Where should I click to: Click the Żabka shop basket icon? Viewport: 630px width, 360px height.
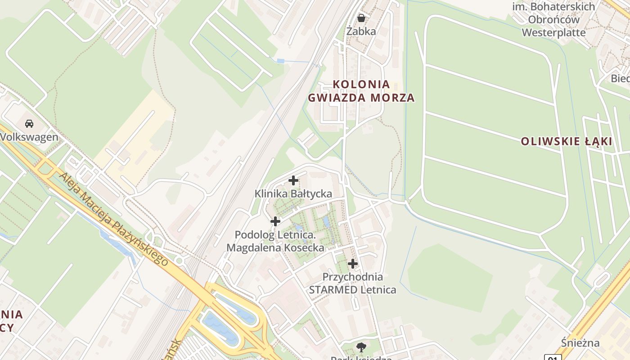[361, 18]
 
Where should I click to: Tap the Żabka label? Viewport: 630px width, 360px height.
[361, 31]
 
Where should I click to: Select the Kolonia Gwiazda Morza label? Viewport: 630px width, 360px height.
[361, 91]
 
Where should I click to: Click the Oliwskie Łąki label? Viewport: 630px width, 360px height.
[566, 141]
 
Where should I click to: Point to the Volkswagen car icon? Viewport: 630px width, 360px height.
[29, 124]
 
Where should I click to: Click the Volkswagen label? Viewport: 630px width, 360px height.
[30, 137]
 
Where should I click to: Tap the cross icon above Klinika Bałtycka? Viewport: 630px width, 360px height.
[293, 181]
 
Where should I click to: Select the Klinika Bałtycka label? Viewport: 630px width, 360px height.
[293, 194]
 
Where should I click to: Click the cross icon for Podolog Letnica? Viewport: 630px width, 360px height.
[275, 221]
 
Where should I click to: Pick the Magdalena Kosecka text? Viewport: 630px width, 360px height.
[275, 247]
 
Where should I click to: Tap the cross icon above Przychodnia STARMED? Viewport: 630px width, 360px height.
[353, 264]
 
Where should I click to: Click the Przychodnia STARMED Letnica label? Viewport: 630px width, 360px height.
[353, 283]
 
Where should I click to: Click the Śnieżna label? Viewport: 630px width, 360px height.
[580, 343]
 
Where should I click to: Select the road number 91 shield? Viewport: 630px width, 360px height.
[553, 358]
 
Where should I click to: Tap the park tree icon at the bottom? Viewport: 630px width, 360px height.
[361, 346]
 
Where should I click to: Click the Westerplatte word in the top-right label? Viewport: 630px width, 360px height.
[553, 32]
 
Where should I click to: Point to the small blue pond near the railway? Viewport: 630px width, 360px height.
[280, 61]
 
